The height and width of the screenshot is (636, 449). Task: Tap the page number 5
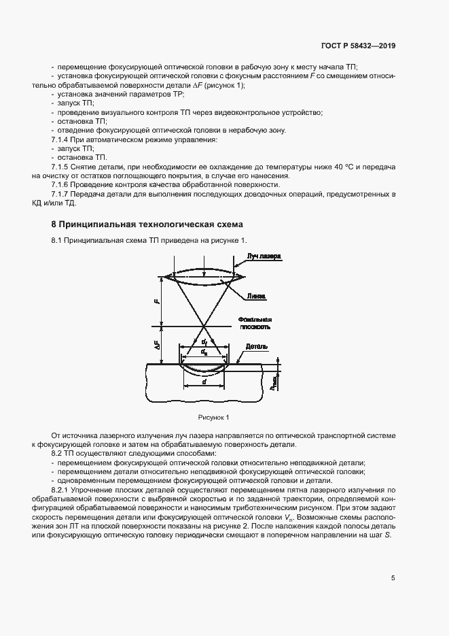pos(393,579)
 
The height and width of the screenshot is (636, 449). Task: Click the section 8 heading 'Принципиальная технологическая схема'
pos(146,224)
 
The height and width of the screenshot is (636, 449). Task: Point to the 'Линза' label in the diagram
pos(257,296)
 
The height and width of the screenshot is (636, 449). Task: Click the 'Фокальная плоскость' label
pos(255,323)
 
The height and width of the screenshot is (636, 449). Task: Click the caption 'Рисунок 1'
pos(214,416)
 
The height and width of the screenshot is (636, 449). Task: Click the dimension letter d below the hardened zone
pos(204,382)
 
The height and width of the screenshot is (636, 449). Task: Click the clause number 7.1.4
pos(62,139)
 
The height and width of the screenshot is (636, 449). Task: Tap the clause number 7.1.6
pos(62,184)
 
